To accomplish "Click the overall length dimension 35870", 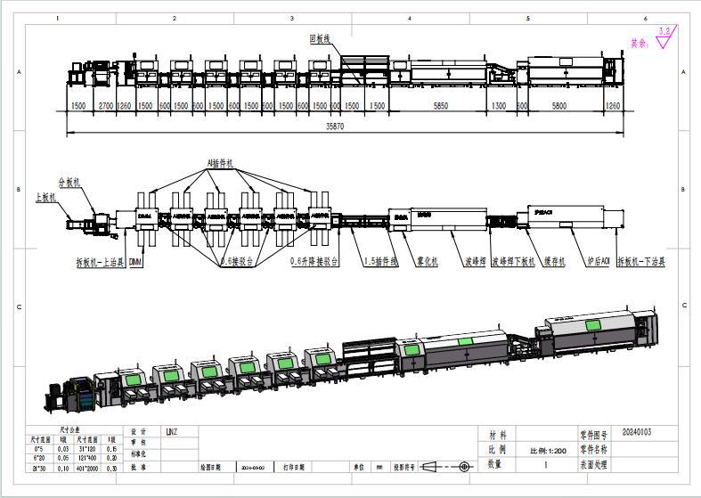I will coord(334,127).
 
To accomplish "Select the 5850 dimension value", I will coord(440,106).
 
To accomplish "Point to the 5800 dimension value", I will coord(558,106).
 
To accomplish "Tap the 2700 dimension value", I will coord(105,106).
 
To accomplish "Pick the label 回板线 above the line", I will coord(319,38).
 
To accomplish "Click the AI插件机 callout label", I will coord(219,164).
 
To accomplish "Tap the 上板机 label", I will coord(45,197).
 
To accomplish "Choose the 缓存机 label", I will coord(553,263).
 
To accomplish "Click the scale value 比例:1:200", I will coord(548,449).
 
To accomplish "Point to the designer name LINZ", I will coord(171,432).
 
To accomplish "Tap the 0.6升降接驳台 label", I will coord(314,263).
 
